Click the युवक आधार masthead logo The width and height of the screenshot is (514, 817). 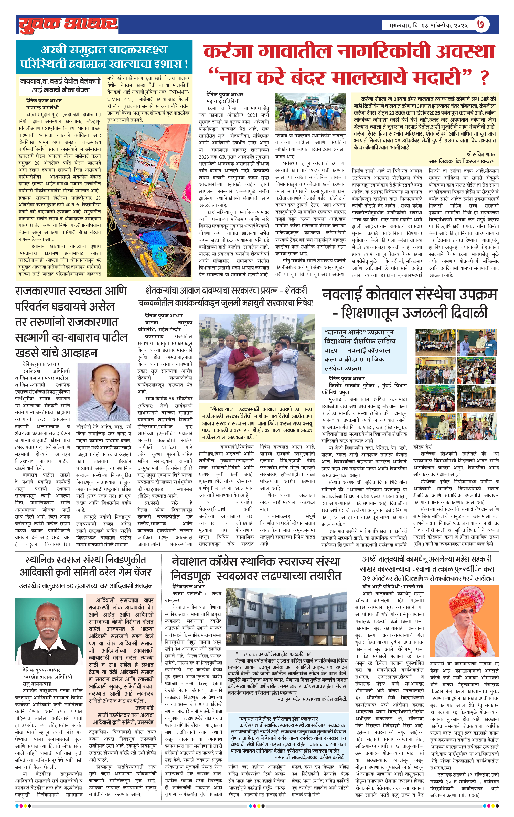(68, 24)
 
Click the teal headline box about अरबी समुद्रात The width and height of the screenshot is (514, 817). (104, 56)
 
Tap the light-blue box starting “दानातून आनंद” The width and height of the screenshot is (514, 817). (364, 350)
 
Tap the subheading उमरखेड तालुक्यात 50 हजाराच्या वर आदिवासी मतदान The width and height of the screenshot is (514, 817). (86, 586)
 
